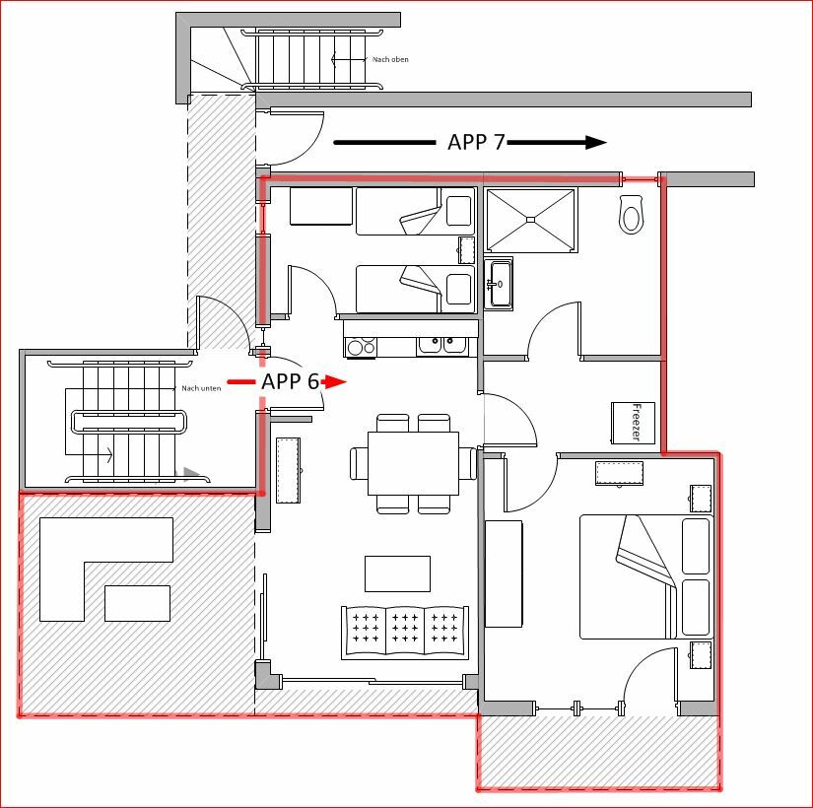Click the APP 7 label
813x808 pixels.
point(476,142)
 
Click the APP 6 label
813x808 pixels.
point(290,381)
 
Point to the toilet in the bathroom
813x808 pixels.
point(631,214)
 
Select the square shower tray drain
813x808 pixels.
point(530,220)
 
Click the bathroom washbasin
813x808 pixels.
point(499,284)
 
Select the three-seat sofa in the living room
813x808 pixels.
point(405,633)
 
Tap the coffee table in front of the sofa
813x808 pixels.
point(398,573)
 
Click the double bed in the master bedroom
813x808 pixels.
point(646,576)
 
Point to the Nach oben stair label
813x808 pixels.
point(390,60)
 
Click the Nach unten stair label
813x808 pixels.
point(201,388)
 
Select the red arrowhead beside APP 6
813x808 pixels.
point(335,382)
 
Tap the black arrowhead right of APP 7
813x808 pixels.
point(596,143)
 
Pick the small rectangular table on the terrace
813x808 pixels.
point(137,603)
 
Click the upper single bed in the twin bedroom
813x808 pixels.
point(415,212)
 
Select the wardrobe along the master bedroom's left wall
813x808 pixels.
point(504,574)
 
